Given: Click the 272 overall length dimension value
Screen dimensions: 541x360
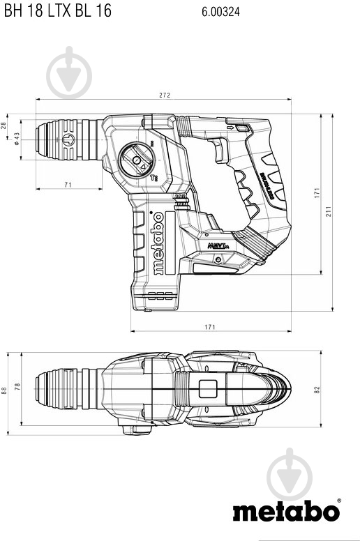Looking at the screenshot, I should pos(164,95).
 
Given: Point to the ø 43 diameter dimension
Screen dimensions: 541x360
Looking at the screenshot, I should pos(16,139).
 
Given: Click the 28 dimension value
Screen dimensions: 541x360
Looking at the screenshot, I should pos(4,125).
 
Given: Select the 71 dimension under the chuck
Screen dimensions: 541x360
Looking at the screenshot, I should pos(68,185).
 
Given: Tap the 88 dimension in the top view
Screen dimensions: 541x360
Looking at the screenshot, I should pos(4,390).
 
